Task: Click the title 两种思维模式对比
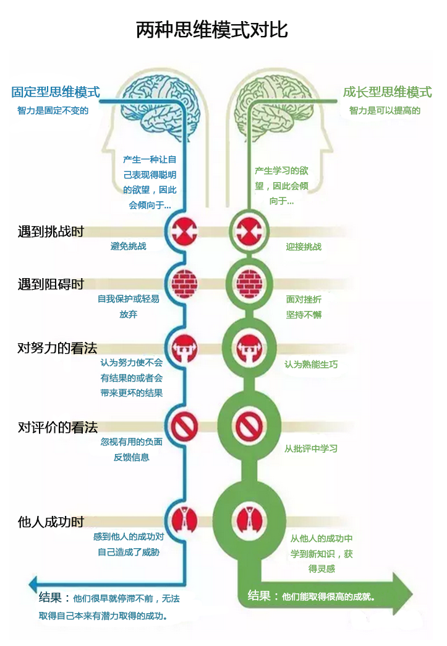[212, 30]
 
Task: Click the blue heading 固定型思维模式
[56, 92]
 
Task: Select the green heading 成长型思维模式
[388, 92]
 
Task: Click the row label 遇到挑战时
[51, 231]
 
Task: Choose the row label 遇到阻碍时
[51, 284]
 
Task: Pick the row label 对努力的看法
[57, 347]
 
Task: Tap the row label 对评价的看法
[57, 427]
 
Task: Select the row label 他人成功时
[51, 522]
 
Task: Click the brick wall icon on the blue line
[184, 284]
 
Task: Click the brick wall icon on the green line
[249, 284]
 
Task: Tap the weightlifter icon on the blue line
[184, 348]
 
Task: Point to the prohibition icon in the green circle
[249, 426]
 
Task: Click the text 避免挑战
[129, 247]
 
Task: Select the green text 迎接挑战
[304, 247]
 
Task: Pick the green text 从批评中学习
[312, 448]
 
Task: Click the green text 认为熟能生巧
[312, 364]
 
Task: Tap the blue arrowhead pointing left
[33, 584]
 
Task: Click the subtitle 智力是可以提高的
[385, 110]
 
